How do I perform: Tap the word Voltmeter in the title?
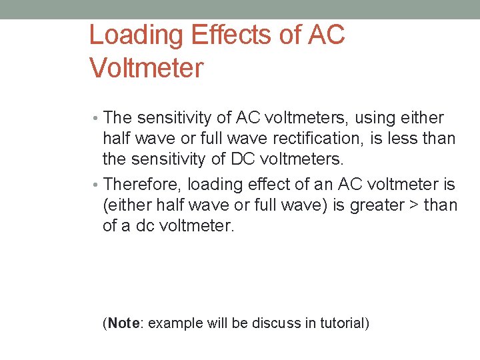click(x=145, y=68)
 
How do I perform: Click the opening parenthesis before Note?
click(x=105, y=324)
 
